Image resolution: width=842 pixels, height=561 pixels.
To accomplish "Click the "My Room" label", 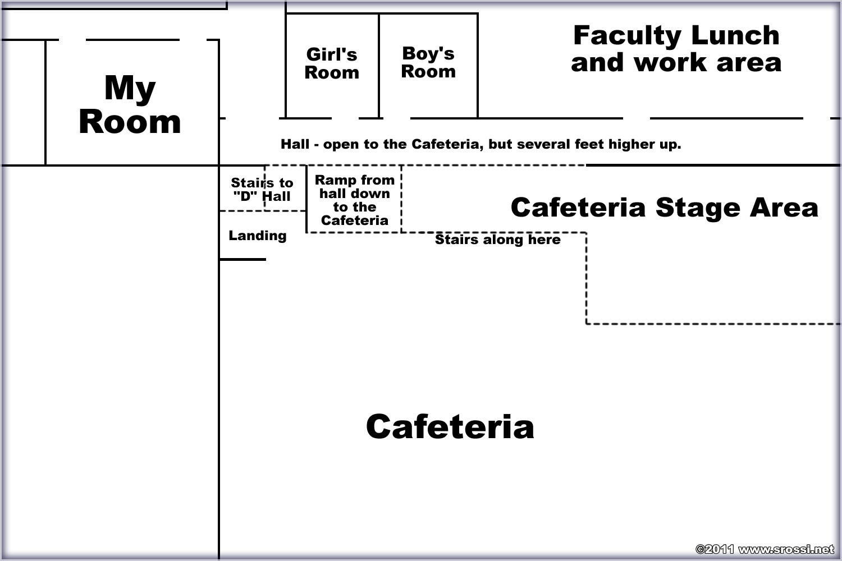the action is click(130, 104).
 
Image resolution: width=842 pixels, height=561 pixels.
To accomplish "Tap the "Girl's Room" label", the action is click(332, 63).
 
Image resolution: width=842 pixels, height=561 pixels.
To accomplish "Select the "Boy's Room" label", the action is click(428, 62).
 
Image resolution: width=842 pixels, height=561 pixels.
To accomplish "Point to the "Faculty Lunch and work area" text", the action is click(676, 48).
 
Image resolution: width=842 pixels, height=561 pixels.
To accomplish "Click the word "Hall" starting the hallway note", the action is click(295, 144).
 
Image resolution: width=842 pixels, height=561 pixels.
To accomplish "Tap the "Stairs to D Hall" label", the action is click(262, 190).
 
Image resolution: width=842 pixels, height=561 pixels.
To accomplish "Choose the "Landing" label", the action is click(258, 236).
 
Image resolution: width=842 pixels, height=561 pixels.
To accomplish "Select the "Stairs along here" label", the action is click(498, 240).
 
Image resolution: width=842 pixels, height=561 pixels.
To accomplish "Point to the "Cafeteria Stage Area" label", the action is click(664, 208).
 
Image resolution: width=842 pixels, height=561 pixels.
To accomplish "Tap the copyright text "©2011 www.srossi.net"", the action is click(765, 549).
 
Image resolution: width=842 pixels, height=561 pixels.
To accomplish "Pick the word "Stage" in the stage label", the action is click(698, 208).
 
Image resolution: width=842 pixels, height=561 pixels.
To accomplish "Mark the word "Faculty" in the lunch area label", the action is click(628, 36).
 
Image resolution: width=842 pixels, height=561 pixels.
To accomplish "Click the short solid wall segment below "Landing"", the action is click(242, 259).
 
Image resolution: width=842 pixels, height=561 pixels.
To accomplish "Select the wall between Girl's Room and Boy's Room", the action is click(379, 66).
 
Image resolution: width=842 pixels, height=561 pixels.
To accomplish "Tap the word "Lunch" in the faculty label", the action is click(735, 35).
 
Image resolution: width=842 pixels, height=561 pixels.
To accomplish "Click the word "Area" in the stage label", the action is click(784, 208).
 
